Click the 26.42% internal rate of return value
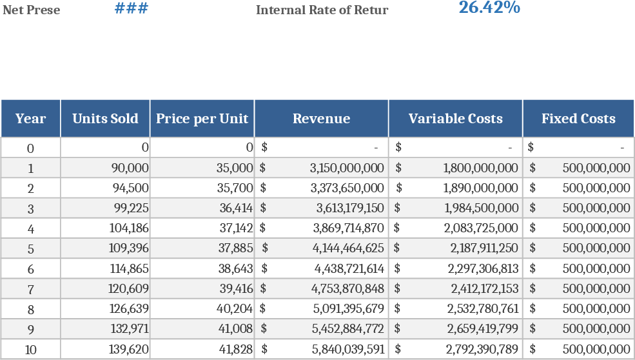click(489, 8)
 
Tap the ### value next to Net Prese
click(132, 9)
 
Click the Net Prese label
click(32, 10)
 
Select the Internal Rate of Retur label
click(322, 10)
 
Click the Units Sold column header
click(105, 119)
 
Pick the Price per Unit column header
click(202, 119)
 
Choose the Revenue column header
click(321, 119)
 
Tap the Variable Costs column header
click(455, 119)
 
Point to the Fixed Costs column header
click(578, 119)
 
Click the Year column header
click(30, 119)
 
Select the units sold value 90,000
click(130, 168)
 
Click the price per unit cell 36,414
click(235, 208)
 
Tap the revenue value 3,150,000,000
click(347, 168)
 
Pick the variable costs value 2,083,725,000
click(481, 228)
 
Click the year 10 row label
click(30, 350)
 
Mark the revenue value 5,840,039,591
click(348, 350)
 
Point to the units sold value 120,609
click(130, 289)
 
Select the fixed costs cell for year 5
click(596, 248)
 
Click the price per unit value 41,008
click(235, 329)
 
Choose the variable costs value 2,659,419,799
click(482, 329)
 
